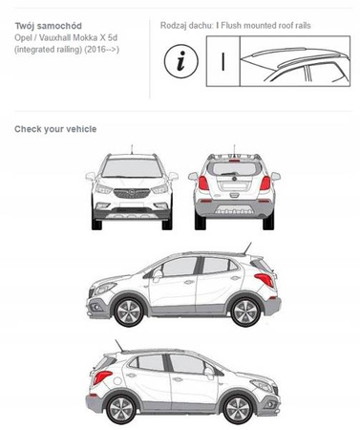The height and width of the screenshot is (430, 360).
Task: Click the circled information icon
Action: click(x=180, y=60)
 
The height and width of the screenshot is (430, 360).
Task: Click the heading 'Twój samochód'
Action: click(x=49, y=26)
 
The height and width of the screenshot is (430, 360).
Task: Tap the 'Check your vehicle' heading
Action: click(x=55, y=129)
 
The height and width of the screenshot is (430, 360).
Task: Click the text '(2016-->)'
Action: click(x=102, y=50)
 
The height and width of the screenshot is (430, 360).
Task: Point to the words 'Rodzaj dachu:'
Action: click(x=186, y=26)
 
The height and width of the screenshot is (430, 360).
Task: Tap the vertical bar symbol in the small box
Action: click(x=223, y=61)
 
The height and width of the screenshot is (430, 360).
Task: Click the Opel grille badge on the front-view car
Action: click(x=131, y=192)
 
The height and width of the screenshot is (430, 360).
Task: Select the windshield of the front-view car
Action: click(x=132, y=168)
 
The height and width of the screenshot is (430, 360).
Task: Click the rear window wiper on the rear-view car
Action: click(x=228, y=174)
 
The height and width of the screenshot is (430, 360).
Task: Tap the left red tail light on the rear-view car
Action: click(x=203, y=183)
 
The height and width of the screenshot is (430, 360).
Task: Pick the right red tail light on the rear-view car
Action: click(x=265, y=183)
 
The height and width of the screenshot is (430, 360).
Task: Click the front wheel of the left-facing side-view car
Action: click(x=128, y=312)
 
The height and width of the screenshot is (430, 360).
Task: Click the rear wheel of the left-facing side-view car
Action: click(x=245, y=312)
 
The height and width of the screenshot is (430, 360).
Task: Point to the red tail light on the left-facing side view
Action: click(x=265, y=280)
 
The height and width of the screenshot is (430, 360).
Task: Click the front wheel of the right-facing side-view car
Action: click(x=238, y=409)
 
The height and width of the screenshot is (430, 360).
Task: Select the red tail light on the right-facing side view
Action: click(x=102, y=377)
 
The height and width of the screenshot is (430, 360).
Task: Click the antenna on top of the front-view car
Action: click(x=132, y=149)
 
